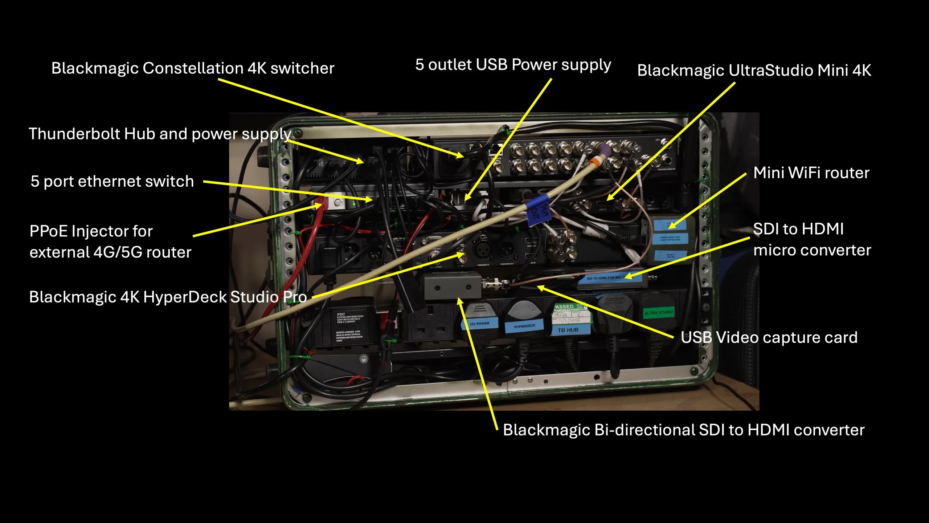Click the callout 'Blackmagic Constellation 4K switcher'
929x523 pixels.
(x=193, y=69)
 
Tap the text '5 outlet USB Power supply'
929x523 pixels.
(x=513, y=65)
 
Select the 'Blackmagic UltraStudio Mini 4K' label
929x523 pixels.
(x=754, y=70)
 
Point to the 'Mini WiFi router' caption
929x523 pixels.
(x=811, y=173)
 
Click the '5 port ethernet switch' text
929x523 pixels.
(x=112, y=181)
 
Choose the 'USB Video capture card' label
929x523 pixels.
(x=769, y=337)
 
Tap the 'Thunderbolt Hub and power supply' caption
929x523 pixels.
(x=160, y=134)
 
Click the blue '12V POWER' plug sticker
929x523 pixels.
(x=479, y=324)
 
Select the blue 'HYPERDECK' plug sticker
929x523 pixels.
(x=524, y=327)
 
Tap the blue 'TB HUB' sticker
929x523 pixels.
(x=568, y=330)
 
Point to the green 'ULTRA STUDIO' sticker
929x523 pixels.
(x=658, y=313)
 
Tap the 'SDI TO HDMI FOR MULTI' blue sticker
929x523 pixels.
(x=605, y=278)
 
